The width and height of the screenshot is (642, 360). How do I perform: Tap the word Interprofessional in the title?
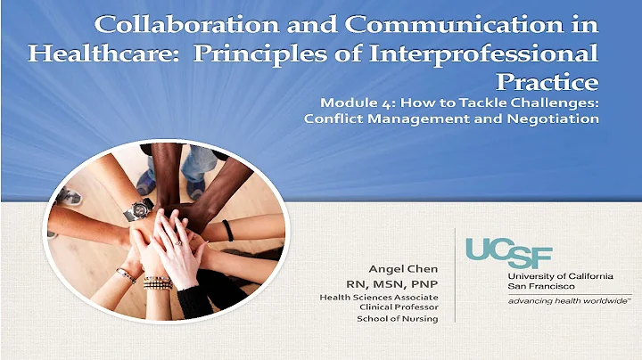tap(473, 53)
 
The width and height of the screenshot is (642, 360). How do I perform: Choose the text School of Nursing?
tap(397, 319)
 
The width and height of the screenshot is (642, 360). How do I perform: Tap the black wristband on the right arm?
tap(229, 230)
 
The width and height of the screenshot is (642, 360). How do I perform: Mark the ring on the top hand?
tap(178, 241)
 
